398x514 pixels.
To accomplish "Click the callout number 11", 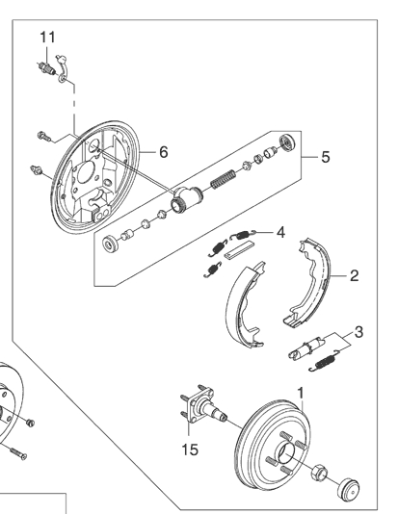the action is (47, 37).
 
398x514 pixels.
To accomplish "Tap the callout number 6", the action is (164, 152).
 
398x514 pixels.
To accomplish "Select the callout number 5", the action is (325, 157).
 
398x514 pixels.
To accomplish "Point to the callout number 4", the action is (280, 232).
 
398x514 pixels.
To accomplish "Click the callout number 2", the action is (354, 275).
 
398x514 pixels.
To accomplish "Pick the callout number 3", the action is (358, 332).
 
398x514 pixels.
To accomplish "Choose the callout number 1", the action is (301, 393).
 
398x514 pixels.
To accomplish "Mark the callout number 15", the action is (190, 450).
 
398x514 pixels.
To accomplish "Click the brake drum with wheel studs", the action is (273, 445).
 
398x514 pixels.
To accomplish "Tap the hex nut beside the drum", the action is (319, 472).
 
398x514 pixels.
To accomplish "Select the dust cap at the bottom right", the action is (349, 489).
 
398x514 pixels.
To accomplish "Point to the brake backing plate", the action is (95, 177).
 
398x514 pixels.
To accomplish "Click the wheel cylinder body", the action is (186, 198).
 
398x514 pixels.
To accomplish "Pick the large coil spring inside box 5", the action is (223, 179).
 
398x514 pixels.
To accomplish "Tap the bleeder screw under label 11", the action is (46, 67).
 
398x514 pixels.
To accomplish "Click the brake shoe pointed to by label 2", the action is (307, 283).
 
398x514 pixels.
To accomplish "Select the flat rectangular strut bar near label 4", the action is (239, 250).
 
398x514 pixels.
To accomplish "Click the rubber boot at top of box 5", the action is (287, 142).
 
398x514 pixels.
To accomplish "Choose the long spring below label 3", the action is (324, 361).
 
